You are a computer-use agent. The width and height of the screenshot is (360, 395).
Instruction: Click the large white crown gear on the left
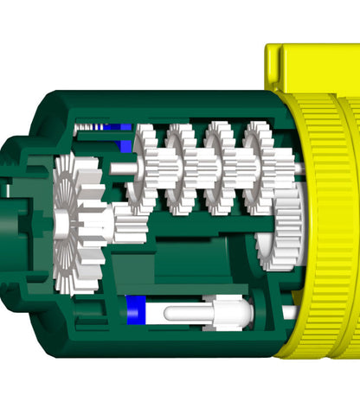[69, 220]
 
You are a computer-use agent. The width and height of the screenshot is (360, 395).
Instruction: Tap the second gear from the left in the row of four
[182, 169]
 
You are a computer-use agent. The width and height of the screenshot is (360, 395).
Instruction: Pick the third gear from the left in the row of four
[220, 169]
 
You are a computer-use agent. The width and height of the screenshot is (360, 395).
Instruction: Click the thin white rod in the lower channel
[186, 313]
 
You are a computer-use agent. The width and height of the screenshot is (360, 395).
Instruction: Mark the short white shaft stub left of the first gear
[121, 169]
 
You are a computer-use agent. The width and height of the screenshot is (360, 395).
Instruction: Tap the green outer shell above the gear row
[173, 104]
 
